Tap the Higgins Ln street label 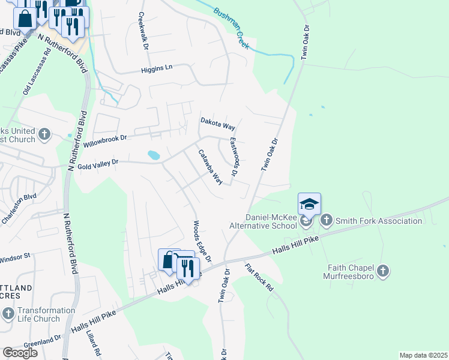click(156, 68)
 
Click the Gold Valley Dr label click(97, 162)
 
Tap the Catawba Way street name click(211, 166)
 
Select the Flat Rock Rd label click(259, 277)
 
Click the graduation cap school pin click(309, 205)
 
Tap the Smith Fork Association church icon click(327, 221)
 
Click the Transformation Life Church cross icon click(8, 313)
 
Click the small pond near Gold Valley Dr click(154, 155)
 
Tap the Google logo click(20, 353)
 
